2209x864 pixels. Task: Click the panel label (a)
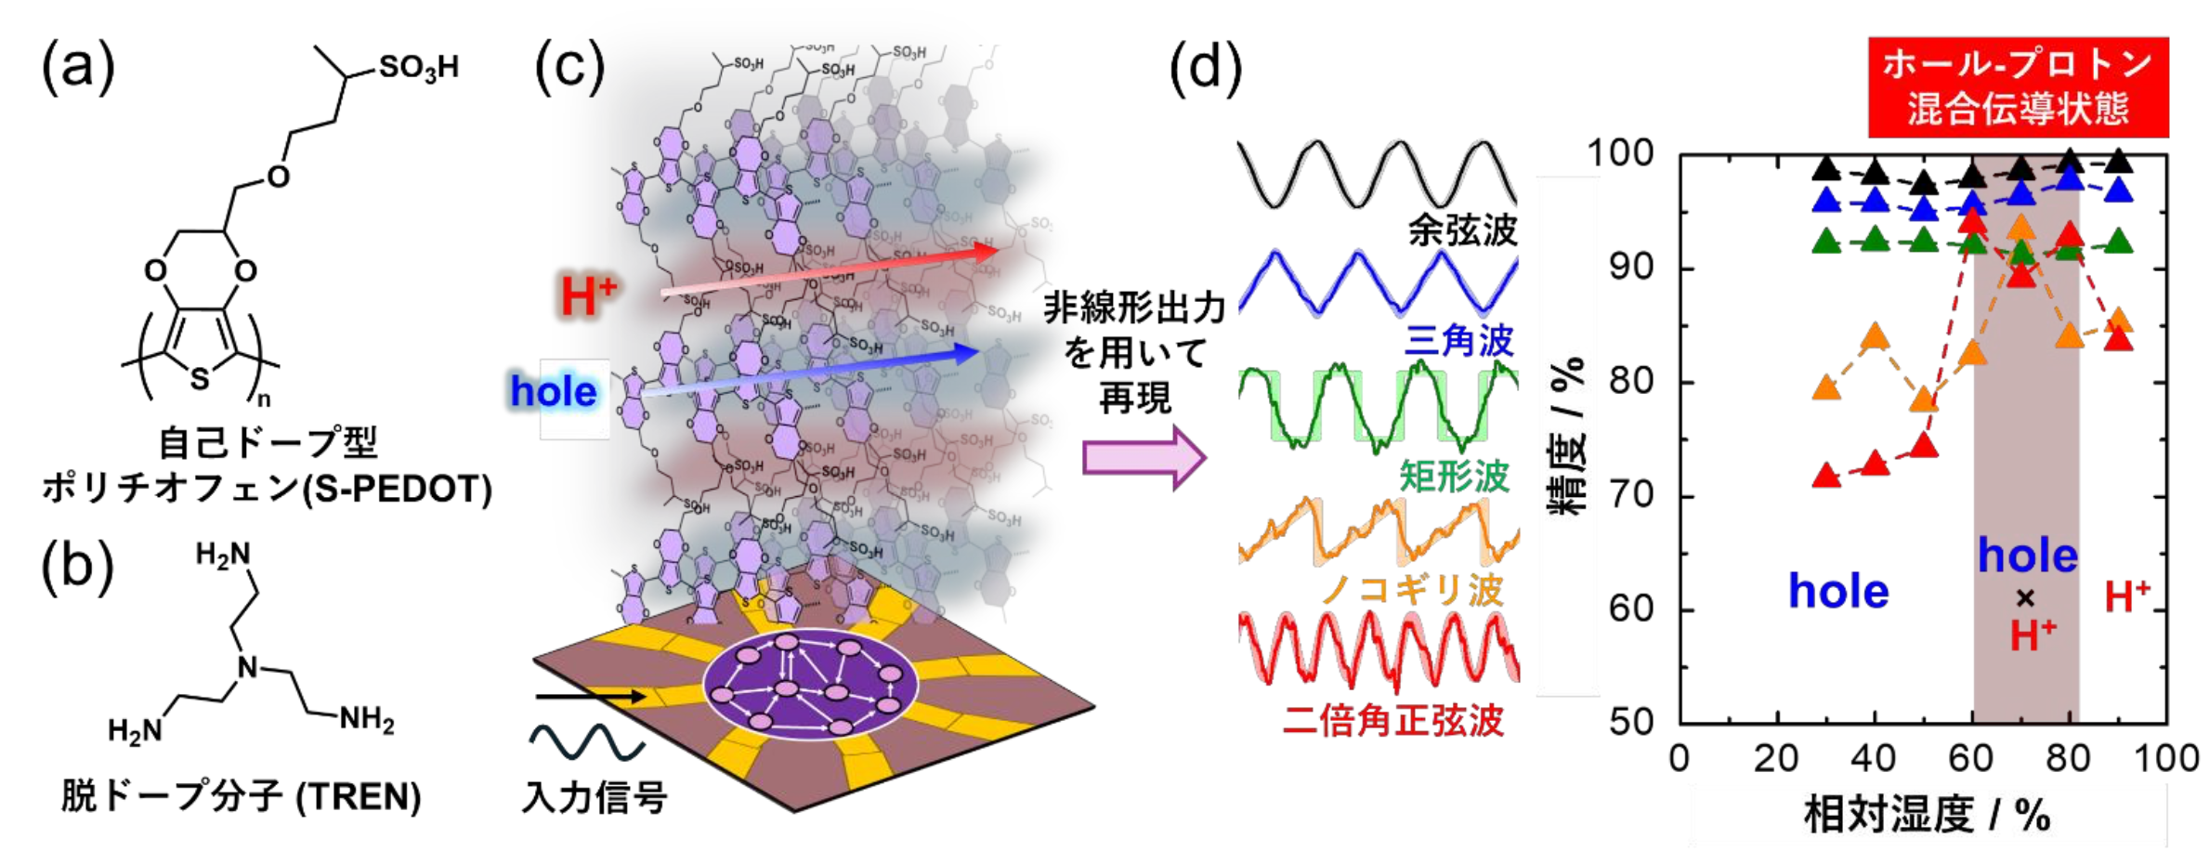point(78,70)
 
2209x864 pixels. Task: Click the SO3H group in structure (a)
point(418,68)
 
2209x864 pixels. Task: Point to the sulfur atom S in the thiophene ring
point(199,377)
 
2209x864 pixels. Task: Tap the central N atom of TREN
point(247,667)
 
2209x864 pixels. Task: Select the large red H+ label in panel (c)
point(588,296)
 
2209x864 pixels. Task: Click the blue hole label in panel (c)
point(554,391)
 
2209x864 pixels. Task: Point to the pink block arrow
point(1144,457)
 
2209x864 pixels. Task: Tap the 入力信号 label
point(595,796)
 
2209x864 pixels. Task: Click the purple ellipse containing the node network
point(810,685)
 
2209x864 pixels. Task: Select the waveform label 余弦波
point(1462,230)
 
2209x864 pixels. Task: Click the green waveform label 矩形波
point(1454,477)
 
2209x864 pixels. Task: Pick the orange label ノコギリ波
point(1412,589)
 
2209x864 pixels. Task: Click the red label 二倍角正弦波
point(1392,720)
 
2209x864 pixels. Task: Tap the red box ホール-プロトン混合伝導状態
point(2018,87)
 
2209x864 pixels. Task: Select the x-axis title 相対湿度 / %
point(1927,815)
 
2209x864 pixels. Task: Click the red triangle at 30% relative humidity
point(1826,477)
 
